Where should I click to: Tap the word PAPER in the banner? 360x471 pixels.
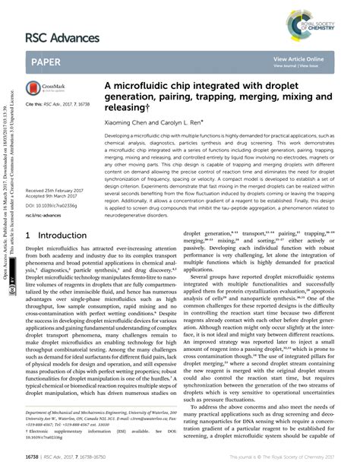click(46, 61)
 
